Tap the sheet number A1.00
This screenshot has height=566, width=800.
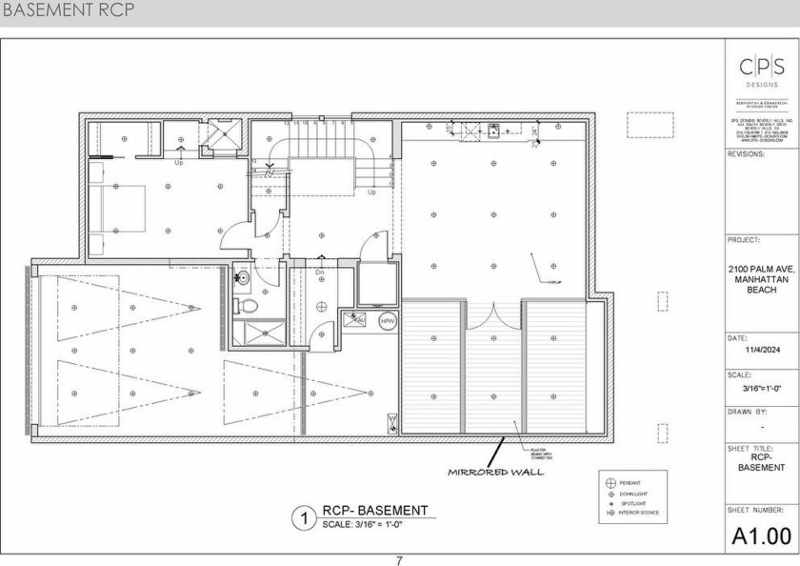tap(761, 536)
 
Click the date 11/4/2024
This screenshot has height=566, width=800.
tap(760, 350)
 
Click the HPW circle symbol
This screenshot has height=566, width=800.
tap(388, 322)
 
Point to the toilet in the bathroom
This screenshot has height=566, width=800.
tap(247, 307)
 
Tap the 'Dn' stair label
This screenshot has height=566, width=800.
tap(321, 273)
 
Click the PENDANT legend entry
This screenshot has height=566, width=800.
tap(631, 483)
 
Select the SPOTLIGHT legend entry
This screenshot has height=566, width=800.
tap(632, 503)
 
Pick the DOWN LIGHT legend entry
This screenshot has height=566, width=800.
tap(632, 494)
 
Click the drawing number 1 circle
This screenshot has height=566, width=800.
tap(303, 518)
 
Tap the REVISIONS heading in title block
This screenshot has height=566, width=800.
tap(745, 152)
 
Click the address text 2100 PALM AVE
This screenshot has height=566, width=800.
tap(760, 271)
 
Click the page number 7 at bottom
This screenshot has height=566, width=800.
tap(399, 560)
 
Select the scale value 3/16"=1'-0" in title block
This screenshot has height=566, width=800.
tap(760, 388)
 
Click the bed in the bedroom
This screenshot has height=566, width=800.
tap(119, 208)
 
